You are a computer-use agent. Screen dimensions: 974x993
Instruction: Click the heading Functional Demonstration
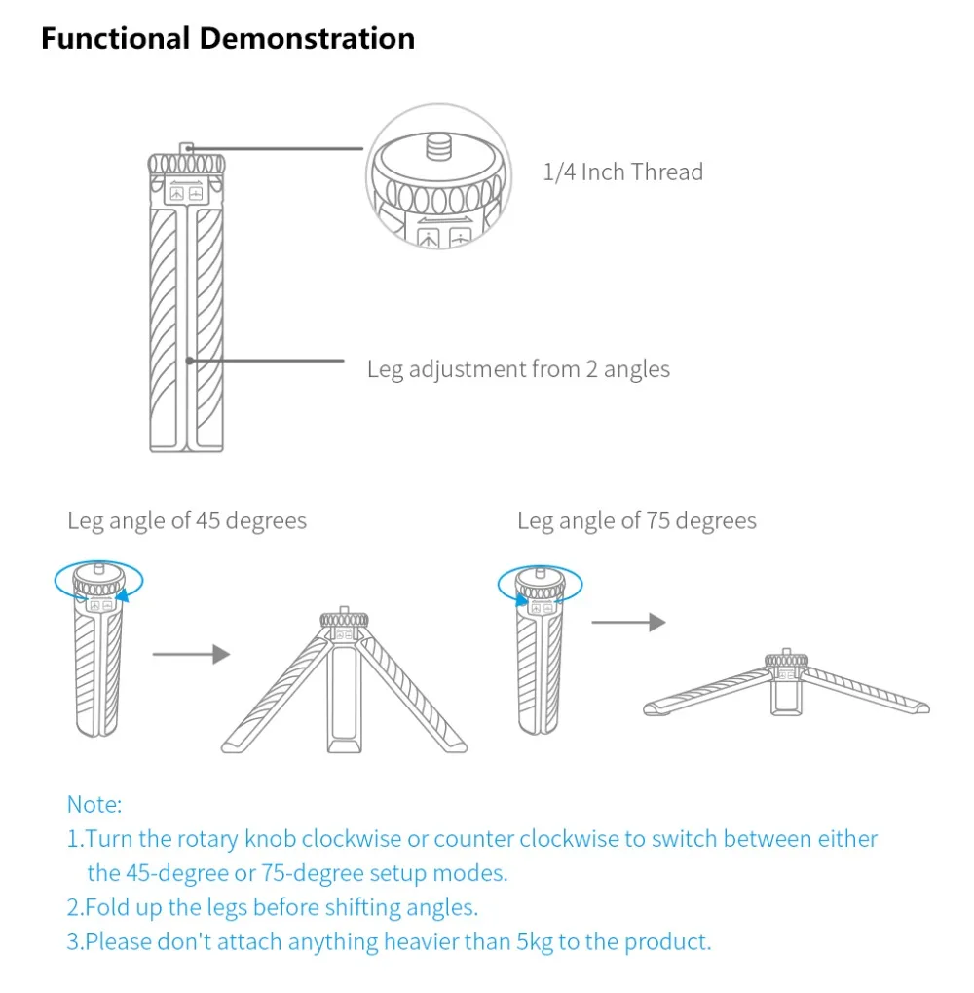click(x=228, y=39)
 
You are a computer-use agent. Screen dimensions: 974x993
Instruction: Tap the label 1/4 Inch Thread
click(x=622, y=172)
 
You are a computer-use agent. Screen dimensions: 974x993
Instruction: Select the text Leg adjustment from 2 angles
click(x=518, y=369)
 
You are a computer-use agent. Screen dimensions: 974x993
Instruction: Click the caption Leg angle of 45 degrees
click(x=187, y=520)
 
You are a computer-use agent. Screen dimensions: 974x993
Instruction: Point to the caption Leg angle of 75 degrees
click(x=637, y=520)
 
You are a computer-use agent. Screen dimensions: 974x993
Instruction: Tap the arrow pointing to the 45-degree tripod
click(x=191, y=654)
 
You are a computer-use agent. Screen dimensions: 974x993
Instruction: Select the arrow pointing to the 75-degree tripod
click(x=628, y=622)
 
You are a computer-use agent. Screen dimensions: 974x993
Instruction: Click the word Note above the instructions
click(x=94, y=804)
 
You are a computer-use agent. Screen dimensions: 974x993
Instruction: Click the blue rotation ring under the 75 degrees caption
click(x=540, y=586)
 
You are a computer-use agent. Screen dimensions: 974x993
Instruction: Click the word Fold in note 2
click(x=105, y=907)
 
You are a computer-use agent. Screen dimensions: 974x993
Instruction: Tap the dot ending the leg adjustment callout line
click(x=189, y=361)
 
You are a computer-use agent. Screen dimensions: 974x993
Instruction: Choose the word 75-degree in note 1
click(x=290, y=873)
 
